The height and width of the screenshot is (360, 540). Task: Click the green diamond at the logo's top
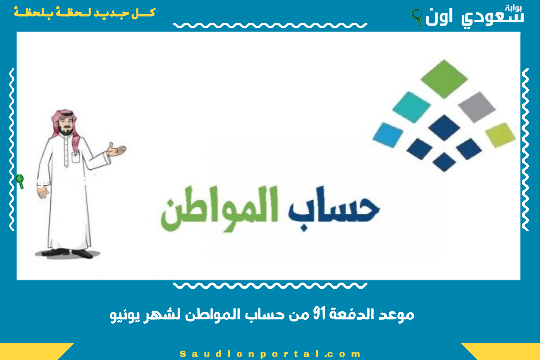pos(444,79)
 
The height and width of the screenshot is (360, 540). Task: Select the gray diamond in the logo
pos(476,107)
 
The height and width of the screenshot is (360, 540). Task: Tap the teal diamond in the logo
pos(411,107)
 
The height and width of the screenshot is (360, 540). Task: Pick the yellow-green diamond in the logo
pos(500,134)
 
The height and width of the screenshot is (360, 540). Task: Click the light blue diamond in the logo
pos(388,135)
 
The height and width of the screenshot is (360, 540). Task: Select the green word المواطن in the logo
pos(220,208)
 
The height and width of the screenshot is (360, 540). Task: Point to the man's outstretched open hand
pos(116,150)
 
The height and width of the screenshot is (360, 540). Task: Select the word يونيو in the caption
pos(125,315)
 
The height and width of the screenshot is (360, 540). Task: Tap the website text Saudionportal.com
pos(270,354)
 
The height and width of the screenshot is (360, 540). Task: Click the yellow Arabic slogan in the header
pos(85,13)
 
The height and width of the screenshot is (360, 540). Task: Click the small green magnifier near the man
pos(20,181)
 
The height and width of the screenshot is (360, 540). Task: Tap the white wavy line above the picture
pos(270,25)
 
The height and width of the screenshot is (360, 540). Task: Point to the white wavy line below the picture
pos(270,285)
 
